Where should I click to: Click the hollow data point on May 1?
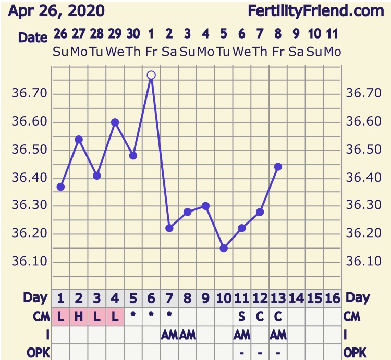(151, 75)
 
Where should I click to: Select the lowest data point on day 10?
(224, 248)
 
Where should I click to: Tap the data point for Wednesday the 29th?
(115, 122)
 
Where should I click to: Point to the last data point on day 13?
(278, 167)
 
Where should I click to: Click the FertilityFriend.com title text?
(315, 11)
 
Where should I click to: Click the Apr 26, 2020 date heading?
(56, 11)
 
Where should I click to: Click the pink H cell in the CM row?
(79, 316)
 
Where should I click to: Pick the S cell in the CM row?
(242, 316)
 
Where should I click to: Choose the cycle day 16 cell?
(332, 299)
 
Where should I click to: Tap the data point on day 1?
(60, 187)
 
